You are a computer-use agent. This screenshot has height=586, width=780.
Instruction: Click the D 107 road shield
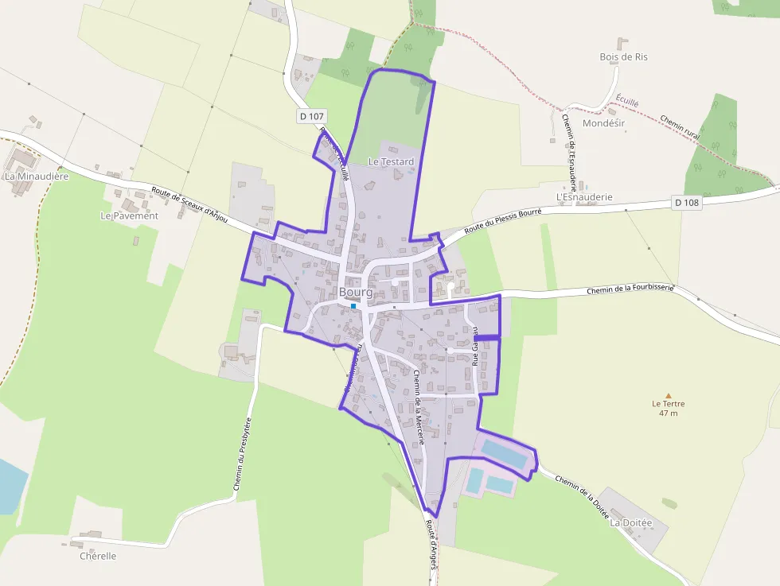(312, 116)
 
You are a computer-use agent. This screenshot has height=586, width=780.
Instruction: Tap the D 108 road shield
(686, 202)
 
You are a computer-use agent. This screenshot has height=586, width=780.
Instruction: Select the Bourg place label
(356, 292)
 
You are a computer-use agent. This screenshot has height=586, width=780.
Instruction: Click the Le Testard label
(391, 161)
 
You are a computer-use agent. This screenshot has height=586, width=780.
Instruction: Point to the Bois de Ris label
(624, 56)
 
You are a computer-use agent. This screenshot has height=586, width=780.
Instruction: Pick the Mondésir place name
(604, 124)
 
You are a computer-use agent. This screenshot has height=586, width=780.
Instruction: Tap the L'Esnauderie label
(584, 196)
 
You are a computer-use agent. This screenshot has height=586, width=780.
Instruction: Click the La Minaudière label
(37, 176)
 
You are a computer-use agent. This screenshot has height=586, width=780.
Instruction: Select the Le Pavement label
(129, 215)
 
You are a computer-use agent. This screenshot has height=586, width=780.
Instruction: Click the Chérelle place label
(98, 556)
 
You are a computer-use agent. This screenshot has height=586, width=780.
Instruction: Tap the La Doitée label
(630, 523)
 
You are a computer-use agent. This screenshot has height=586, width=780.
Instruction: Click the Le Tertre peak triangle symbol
(669, 395)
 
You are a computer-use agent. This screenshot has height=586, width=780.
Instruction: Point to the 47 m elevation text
(669, 413)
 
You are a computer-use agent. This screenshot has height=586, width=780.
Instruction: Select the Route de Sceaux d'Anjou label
(189, 205)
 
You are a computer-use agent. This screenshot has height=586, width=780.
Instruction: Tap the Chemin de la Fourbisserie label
(630, 290)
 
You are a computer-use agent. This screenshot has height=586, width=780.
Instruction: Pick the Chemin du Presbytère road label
(244, 457)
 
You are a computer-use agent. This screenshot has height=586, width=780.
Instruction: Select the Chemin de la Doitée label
(582, 497)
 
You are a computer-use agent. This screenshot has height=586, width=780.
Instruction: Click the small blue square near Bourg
(353, 305)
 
